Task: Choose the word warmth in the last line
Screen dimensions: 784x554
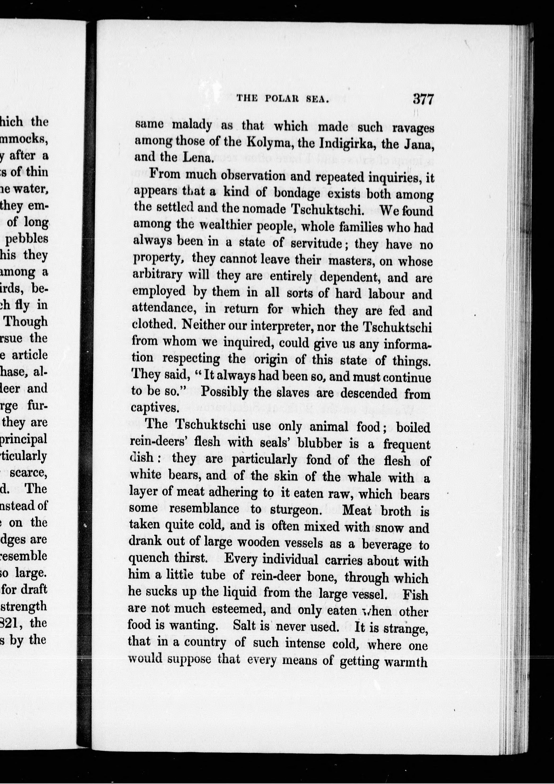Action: pos(406,662)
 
